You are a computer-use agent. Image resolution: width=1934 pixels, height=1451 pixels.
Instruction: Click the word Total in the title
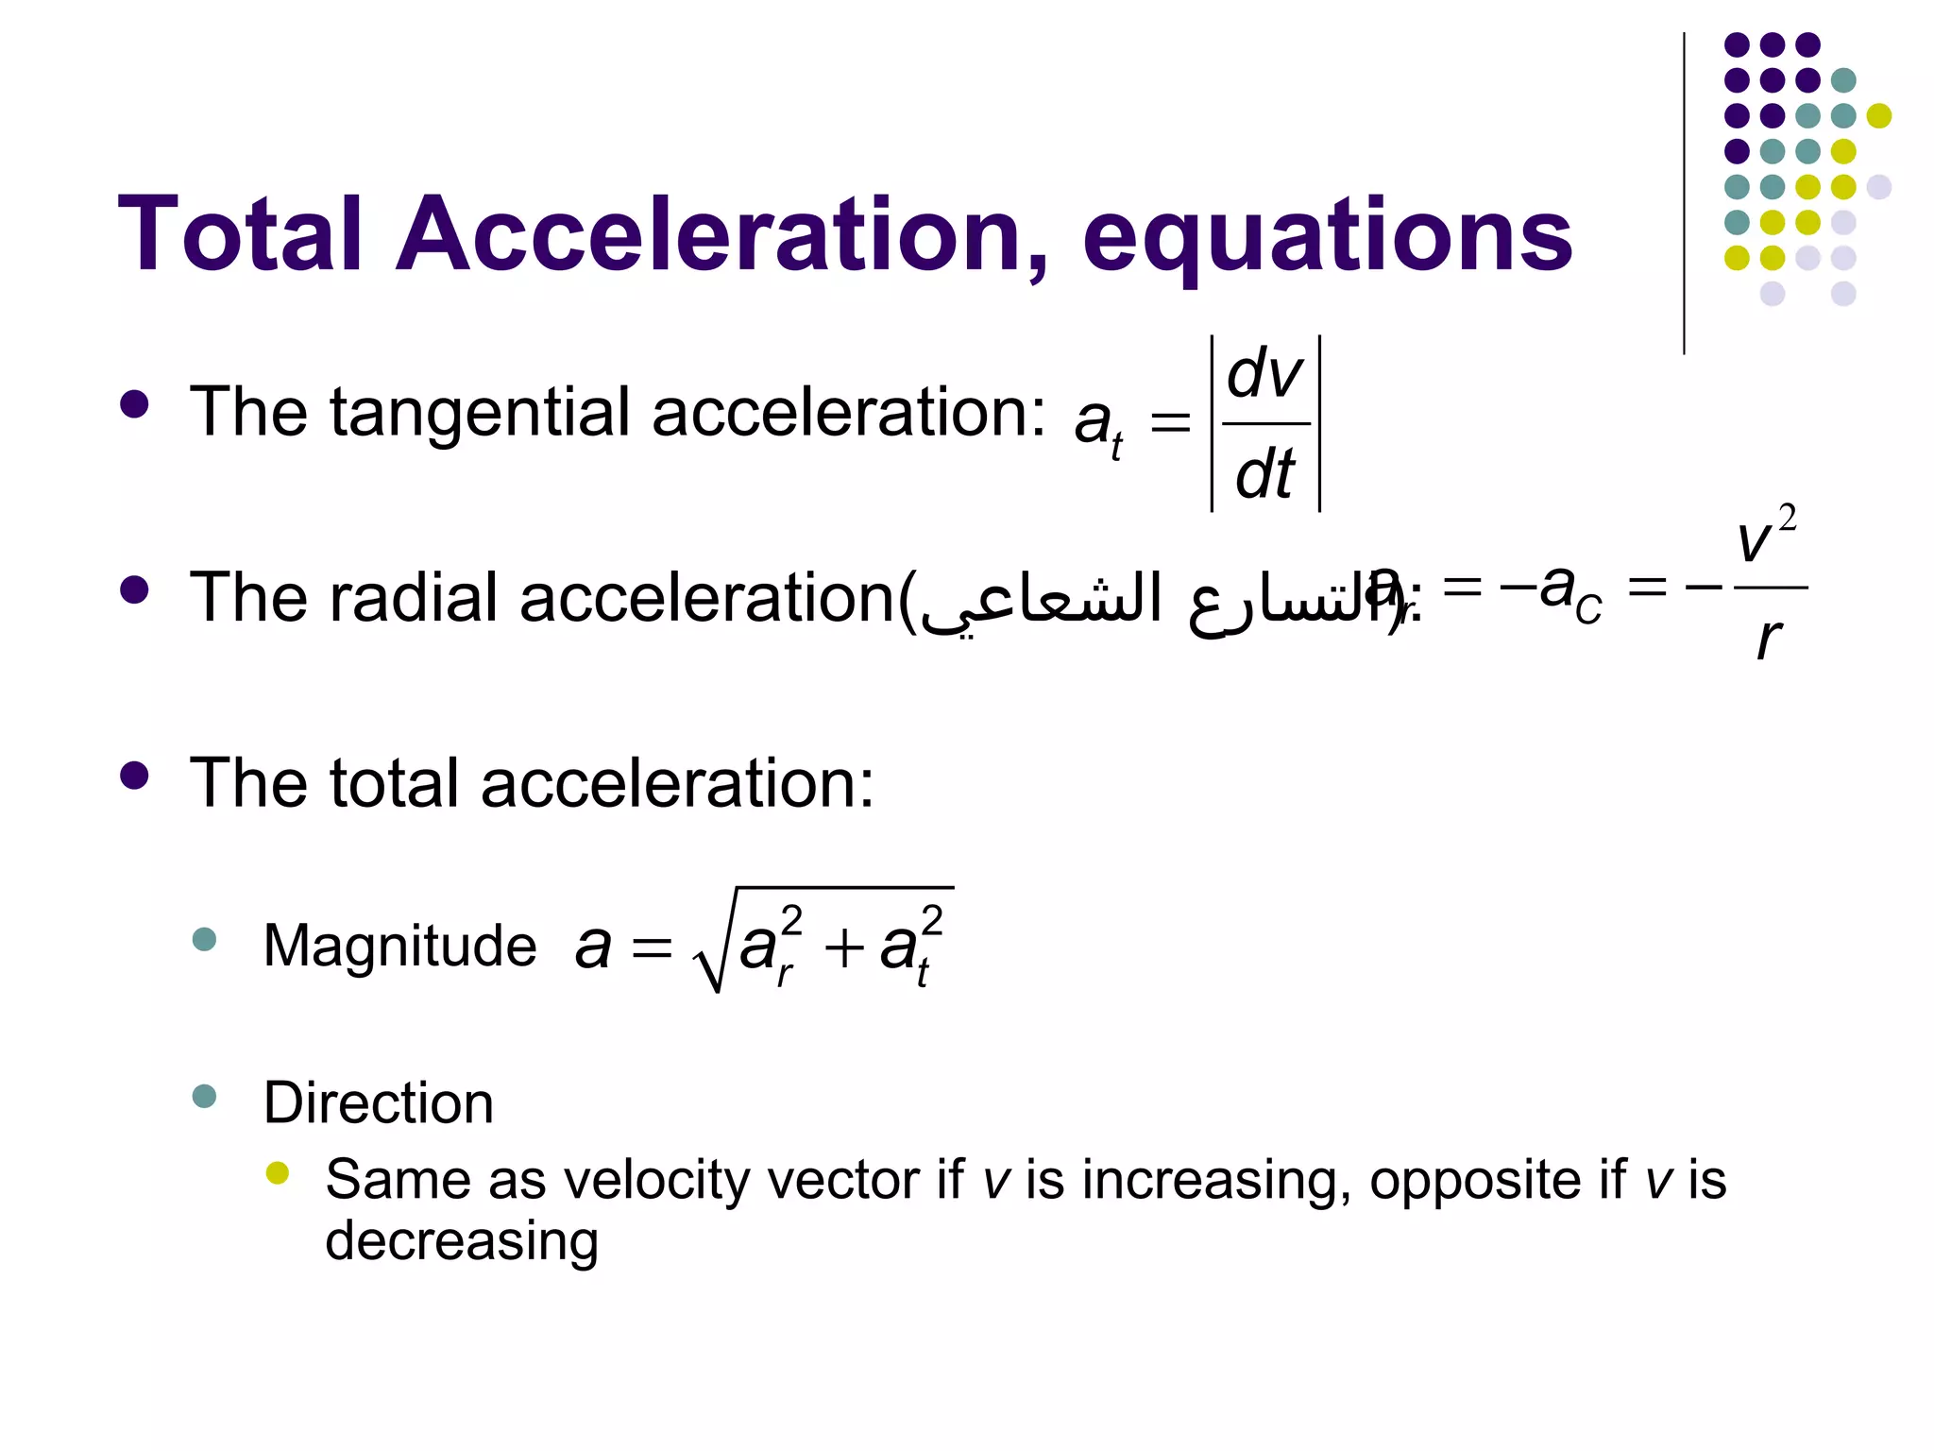(240, 234)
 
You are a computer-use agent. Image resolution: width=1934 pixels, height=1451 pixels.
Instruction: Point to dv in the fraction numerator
(1265, 374)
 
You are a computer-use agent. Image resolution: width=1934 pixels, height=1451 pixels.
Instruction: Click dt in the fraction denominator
(1265, 474)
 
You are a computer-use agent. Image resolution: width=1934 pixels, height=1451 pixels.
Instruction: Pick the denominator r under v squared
(1769, 640)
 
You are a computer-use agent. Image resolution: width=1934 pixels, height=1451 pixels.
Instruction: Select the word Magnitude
(399, 946)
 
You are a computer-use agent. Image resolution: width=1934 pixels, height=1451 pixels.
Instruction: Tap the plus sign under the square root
(844, 947)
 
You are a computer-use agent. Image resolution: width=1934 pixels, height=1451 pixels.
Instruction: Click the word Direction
(378, 1102)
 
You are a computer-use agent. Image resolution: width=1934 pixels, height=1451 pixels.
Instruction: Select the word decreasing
(462, 1240)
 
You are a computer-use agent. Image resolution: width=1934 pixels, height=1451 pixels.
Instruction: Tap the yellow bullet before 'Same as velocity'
(277, 1173)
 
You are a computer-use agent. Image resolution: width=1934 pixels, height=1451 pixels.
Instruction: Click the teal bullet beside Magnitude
(204, 940)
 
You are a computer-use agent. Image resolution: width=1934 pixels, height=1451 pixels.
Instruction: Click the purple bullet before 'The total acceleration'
(135, 777)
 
